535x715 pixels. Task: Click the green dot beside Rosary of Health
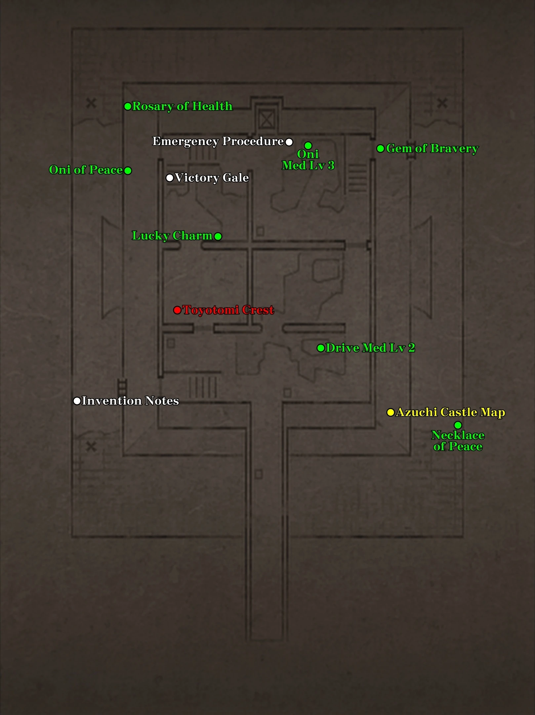(x=128, y=107)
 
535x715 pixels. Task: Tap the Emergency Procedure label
(x=218, y=141)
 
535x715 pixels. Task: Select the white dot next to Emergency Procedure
(x=289, y=142)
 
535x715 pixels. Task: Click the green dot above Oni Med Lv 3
(x=308, y=146)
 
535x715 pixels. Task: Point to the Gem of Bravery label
(x=432, y=149)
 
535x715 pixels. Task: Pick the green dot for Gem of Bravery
(x=381, y=149)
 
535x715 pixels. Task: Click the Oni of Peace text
(x=86, y=170)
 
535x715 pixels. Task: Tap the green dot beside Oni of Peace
(x=128, y=170)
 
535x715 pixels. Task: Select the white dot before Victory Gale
(x=170, y=178)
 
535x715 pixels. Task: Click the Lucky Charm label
(x=172, y=236)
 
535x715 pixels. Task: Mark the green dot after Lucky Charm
(x=218, y=236)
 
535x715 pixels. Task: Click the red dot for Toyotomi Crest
(x=177, y=310)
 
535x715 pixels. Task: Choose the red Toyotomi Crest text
(x=228, y=310)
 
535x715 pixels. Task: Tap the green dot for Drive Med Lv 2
(x=321, y=348)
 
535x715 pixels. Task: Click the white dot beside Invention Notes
(x=77, y=401)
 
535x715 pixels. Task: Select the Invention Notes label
(x=130, y=401)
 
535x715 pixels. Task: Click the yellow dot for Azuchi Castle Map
(x=391, y=412)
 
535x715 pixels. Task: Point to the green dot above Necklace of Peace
(x=458, y=425)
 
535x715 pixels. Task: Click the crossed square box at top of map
(x=266, y=119)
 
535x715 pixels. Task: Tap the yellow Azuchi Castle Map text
(x=450, y=412)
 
